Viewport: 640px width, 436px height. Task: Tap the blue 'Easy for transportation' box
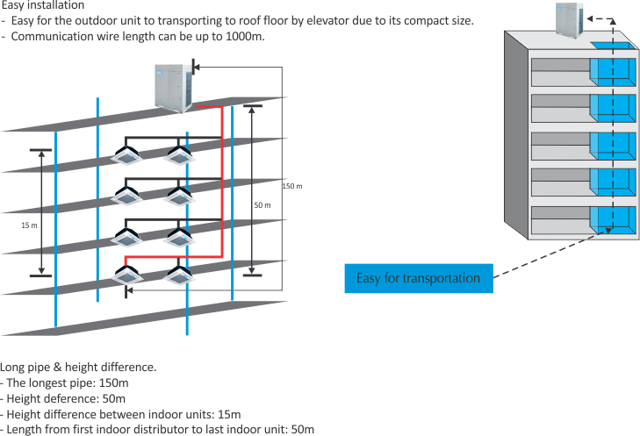pos(418,278)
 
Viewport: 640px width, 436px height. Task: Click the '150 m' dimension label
pos(292,187)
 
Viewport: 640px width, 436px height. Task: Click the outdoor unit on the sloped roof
pos(173,86)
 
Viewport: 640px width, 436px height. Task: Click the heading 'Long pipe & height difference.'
pos(79,367)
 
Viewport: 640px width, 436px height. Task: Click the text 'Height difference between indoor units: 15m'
pos(121,414)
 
